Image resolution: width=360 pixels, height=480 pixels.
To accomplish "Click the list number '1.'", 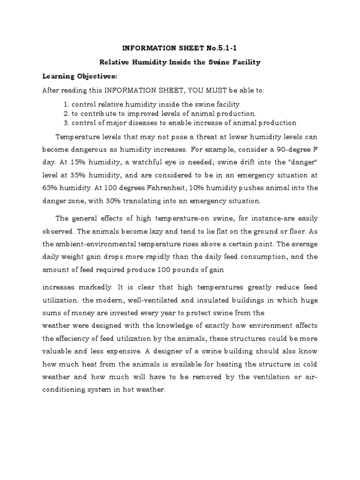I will tap(66, 104).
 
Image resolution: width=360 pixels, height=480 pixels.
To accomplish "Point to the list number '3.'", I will tap(66, 123).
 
